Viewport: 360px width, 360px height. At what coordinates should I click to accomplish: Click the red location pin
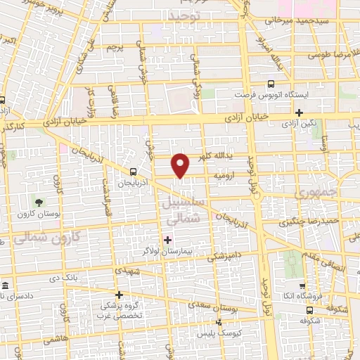point(181,165)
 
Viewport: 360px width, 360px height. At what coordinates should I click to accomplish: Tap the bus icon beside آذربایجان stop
point(133,171)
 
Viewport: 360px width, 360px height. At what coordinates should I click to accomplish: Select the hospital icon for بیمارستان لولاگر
point(167,240)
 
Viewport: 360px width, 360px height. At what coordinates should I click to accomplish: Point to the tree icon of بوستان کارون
point(38,203)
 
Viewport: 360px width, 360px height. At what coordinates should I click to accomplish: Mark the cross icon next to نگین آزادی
point(299,112)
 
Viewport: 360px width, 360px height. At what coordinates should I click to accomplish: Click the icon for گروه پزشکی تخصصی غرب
point(119,295)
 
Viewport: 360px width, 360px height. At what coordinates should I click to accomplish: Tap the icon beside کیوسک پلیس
point(219,322)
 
